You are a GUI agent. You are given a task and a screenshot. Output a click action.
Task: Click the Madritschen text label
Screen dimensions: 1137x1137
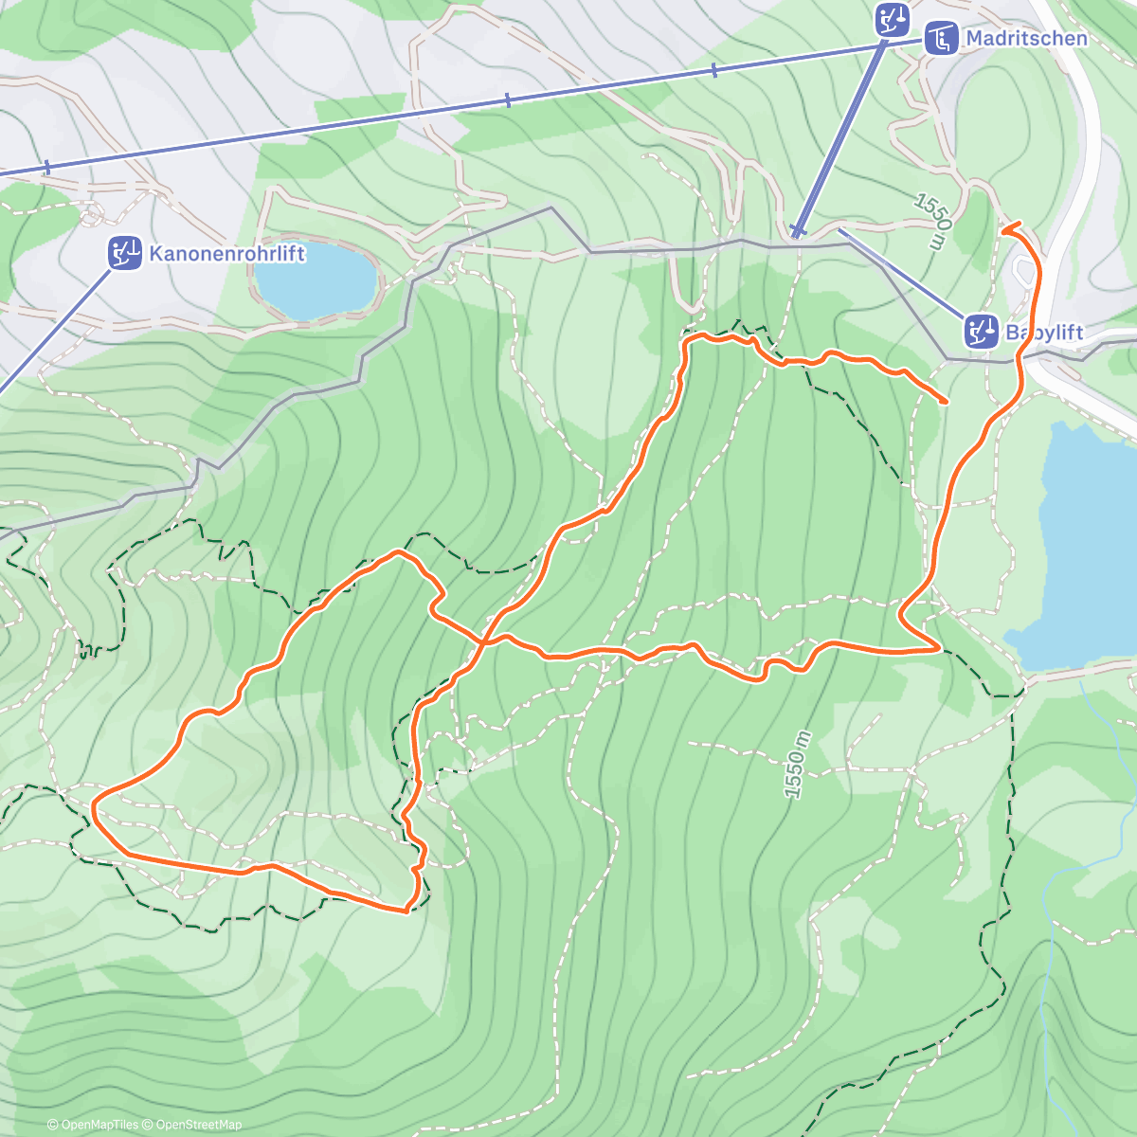pyautogui.click(x=1026, y=39)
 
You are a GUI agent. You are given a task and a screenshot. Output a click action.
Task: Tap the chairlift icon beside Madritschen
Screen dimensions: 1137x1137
pyautogui.click(x=942, y=39)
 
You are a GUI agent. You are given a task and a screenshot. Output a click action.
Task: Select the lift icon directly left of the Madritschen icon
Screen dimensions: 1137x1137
pyautogui.click(x=892, y=19)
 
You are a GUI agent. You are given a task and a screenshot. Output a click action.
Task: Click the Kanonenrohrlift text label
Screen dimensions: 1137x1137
pyautogui.click(x=226, y=253)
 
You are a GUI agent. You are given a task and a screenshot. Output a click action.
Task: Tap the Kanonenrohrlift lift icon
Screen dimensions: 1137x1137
pyautogui.click(x=124, y=253)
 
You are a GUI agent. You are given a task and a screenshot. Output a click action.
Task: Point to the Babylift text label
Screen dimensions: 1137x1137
pyautogui.click(x=1044, y=333)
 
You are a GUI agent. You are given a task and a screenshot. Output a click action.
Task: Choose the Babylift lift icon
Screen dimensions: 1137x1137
pyautogui.click(x=982, y=332)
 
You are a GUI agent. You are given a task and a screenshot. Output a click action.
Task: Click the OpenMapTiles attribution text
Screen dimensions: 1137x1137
pyautogui.click(x=93, y=1125)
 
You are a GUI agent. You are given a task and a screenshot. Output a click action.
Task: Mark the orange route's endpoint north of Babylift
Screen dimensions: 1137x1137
pyautogui.click(x=1004, y=227)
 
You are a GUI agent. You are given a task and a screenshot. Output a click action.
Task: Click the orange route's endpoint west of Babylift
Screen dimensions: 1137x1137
pyautogui.click(x=946, y=403)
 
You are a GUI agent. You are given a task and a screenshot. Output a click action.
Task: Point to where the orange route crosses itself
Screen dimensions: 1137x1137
pyautogui.click(x=483, y=642)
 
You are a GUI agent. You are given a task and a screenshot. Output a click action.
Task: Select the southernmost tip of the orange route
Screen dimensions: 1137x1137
pyautogui.click(x=406, y=911)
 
